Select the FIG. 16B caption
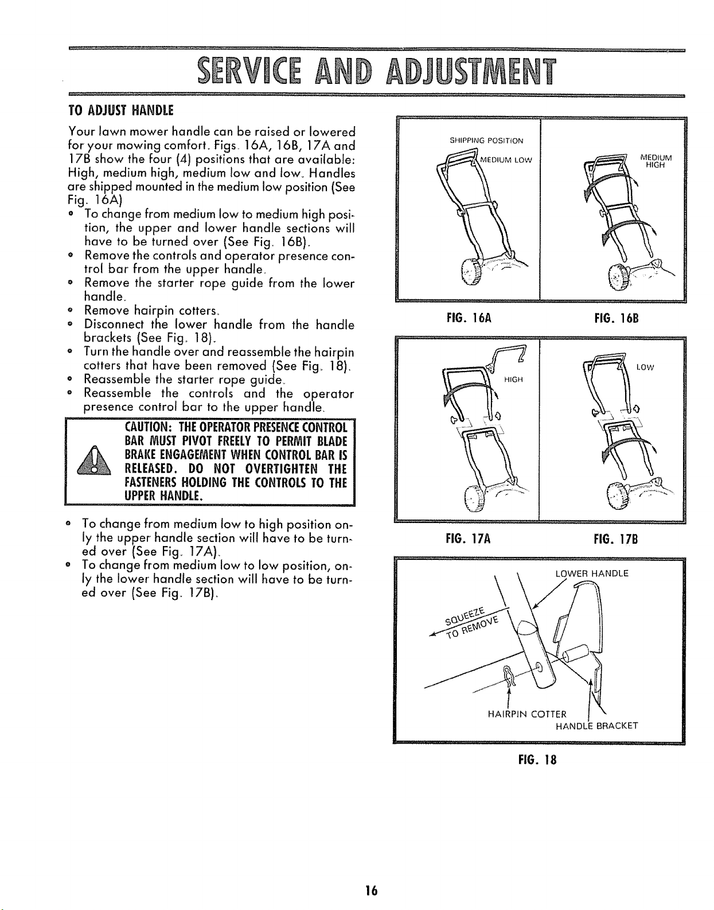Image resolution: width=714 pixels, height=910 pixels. pyautogui.click(x=615, y=316)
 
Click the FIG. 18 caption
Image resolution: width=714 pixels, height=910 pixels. pyautogui.click(x=537, y=760)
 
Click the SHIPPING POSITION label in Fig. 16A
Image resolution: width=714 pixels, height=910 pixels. pyautogui.click(x=494, y=141)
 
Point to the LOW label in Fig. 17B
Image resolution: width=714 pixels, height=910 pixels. pyautogui.click(x=645, y=367)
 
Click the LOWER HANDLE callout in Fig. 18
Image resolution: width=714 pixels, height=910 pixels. pyautogui.click(x=592, y=574)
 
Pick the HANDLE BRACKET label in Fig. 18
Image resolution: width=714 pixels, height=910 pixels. pyautogui.click(x=596, y=726)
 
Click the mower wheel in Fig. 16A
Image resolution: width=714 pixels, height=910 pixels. pyautogui.click(x=471, y=274)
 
